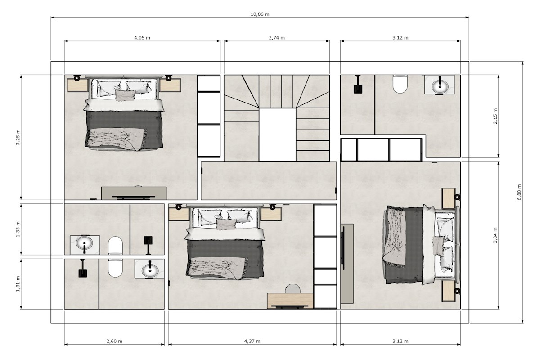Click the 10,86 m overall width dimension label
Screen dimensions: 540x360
coord(260,14)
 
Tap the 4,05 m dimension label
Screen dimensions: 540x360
coord(142,38)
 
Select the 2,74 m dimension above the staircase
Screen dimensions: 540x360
coord(277,38)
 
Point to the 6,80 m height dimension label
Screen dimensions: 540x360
coord(519,192)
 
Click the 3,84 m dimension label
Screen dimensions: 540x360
coord(495,235)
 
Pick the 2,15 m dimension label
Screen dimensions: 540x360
coord(495,116)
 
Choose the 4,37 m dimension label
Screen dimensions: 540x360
coord(252,341)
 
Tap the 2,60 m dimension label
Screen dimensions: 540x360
coord(114,341)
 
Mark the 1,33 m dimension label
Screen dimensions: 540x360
coord(18,229)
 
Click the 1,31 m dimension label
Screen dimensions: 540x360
coord(18,284)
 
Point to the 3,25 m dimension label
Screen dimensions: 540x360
coord(18,137)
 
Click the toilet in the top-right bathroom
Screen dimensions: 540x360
coord(400,84)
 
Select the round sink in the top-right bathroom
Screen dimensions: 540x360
coord(440,85)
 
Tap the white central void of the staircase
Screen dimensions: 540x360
coord(278,135)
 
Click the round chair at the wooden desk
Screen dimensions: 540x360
coord(292,289)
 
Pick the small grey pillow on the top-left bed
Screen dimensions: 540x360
coord(125,95)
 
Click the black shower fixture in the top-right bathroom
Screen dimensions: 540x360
coord(358,85)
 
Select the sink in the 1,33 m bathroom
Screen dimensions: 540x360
coord(84,243)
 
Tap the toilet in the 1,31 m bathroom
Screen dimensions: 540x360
coord(115,268)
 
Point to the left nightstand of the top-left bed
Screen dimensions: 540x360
coord(77,85)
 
